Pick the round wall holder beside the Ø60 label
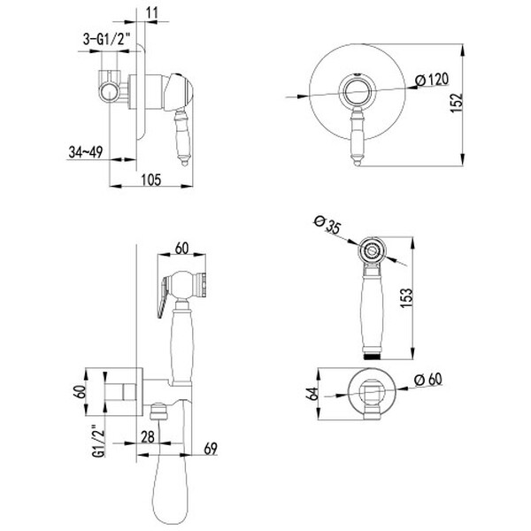373,390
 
